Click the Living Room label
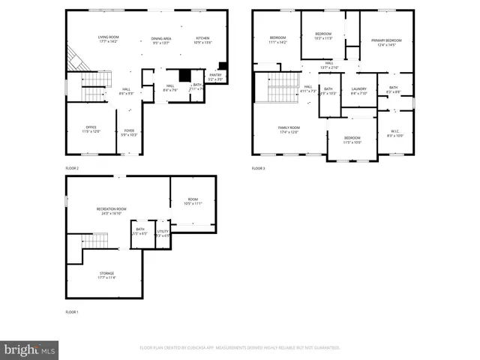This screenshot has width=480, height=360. point(109,37)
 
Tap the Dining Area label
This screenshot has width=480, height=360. point(161,38)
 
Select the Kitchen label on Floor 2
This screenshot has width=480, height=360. point(203,38)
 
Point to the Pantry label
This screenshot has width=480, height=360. point(215,75)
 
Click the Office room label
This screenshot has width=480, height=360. point(91,127)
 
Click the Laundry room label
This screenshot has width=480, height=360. point(358,89)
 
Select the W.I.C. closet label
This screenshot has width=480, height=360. point(394,132)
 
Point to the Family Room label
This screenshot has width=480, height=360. point(289,128)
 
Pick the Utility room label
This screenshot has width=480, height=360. point(163,232)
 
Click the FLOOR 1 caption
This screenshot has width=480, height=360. point(72,311)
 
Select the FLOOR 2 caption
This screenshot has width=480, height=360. point(72,168)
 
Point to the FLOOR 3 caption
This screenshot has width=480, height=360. point(259,168)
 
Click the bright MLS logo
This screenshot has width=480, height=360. point(30,349)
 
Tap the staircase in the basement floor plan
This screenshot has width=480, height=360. point(95,241)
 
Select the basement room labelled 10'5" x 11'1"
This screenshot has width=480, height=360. point(193,200)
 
